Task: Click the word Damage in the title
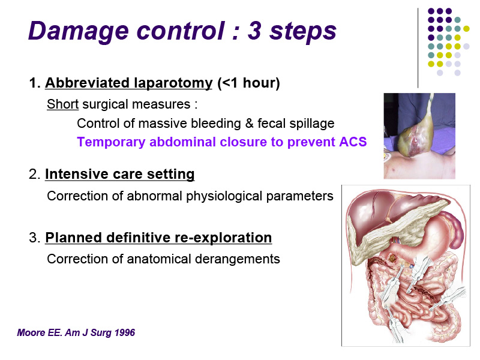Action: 79,32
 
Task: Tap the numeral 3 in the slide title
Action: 254,31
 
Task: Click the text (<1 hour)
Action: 248,83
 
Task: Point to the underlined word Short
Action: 63,104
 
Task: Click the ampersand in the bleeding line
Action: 249,124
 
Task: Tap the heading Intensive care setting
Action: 119,174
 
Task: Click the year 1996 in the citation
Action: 124,332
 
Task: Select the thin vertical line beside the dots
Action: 418,48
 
